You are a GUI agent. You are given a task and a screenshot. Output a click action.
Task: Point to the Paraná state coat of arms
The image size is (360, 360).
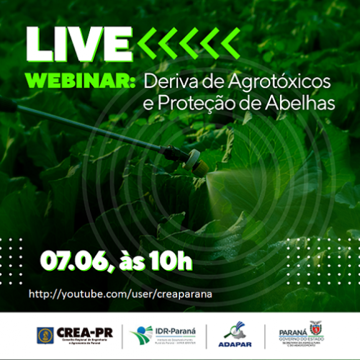click(x=314, y=328)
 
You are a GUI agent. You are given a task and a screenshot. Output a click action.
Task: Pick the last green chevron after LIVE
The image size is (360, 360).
click(x=230, y=45)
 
